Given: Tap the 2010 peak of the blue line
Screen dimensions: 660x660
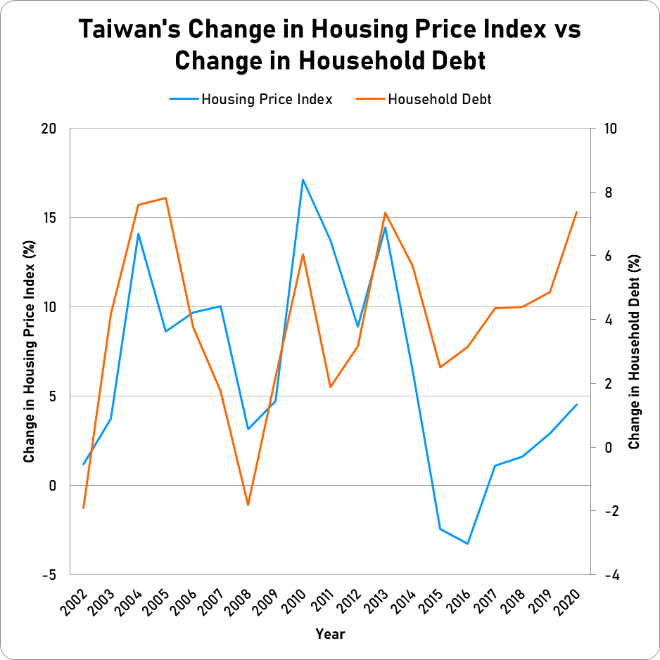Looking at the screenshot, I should tap(303, 180).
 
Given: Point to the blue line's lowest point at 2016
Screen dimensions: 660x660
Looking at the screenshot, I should tap(467, 543).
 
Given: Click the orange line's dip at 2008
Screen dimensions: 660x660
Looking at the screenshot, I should tap(248, 505).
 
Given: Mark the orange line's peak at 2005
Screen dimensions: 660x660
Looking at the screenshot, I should tap(165, 198).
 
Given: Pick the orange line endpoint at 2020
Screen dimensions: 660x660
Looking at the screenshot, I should tap(576, 212).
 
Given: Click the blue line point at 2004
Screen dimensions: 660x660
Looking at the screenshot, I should tap(138, 233).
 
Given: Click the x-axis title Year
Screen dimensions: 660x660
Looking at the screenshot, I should tap(330, 634).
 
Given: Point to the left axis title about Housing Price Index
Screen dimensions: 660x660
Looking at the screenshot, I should tap(29, 351).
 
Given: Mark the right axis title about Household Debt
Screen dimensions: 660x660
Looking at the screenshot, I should tap(635, 351).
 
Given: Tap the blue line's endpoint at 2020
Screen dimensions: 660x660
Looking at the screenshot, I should tap(576, 405).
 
